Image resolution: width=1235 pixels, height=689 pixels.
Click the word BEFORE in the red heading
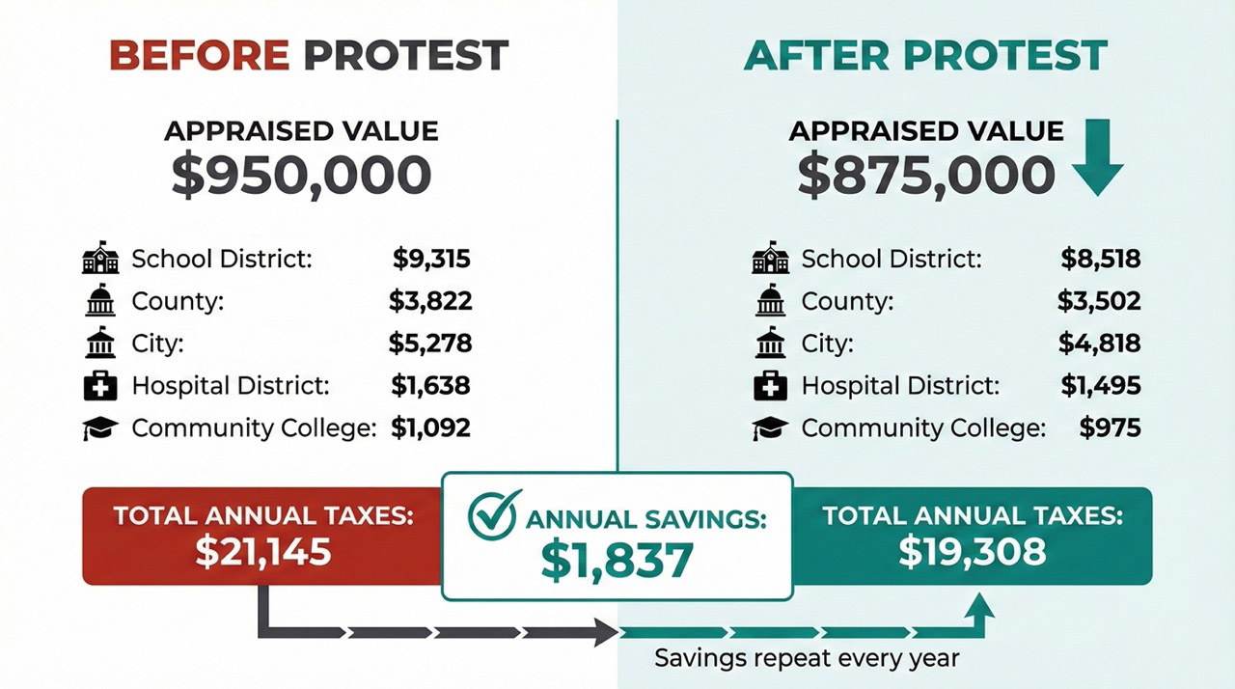point(199,56)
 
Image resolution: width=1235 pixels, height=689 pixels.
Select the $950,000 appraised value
point(301,176)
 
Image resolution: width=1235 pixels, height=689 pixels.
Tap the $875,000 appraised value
point(926,176)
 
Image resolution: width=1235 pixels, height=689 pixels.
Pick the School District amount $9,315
point(431,259)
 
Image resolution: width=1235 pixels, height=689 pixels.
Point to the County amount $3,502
point(1099,301)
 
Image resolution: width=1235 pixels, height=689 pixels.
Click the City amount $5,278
point(430,343)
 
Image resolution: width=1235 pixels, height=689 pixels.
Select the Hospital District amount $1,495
point(1100,386)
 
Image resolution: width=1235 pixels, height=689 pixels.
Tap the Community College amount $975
point(1110,427)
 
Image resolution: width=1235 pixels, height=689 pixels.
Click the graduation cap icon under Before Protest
point(100,428)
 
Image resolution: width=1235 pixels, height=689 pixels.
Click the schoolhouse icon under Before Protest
point(100,260)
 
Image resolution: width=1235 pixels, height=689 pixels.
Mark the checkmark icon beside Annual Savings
point(494,515)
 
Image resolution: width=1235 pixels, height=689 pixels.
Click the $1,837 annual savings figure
point(617,560)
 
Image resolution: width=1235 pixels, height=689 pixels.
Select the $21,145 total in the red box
point(263,551)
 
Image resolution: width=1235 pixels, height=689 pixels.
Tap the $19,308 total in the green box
point(972,551)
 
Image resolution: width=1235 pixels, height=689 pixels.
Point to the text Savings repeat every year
point(807,658)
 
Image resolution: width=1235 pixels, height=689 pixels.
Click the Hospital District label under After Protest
point(899,386)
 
